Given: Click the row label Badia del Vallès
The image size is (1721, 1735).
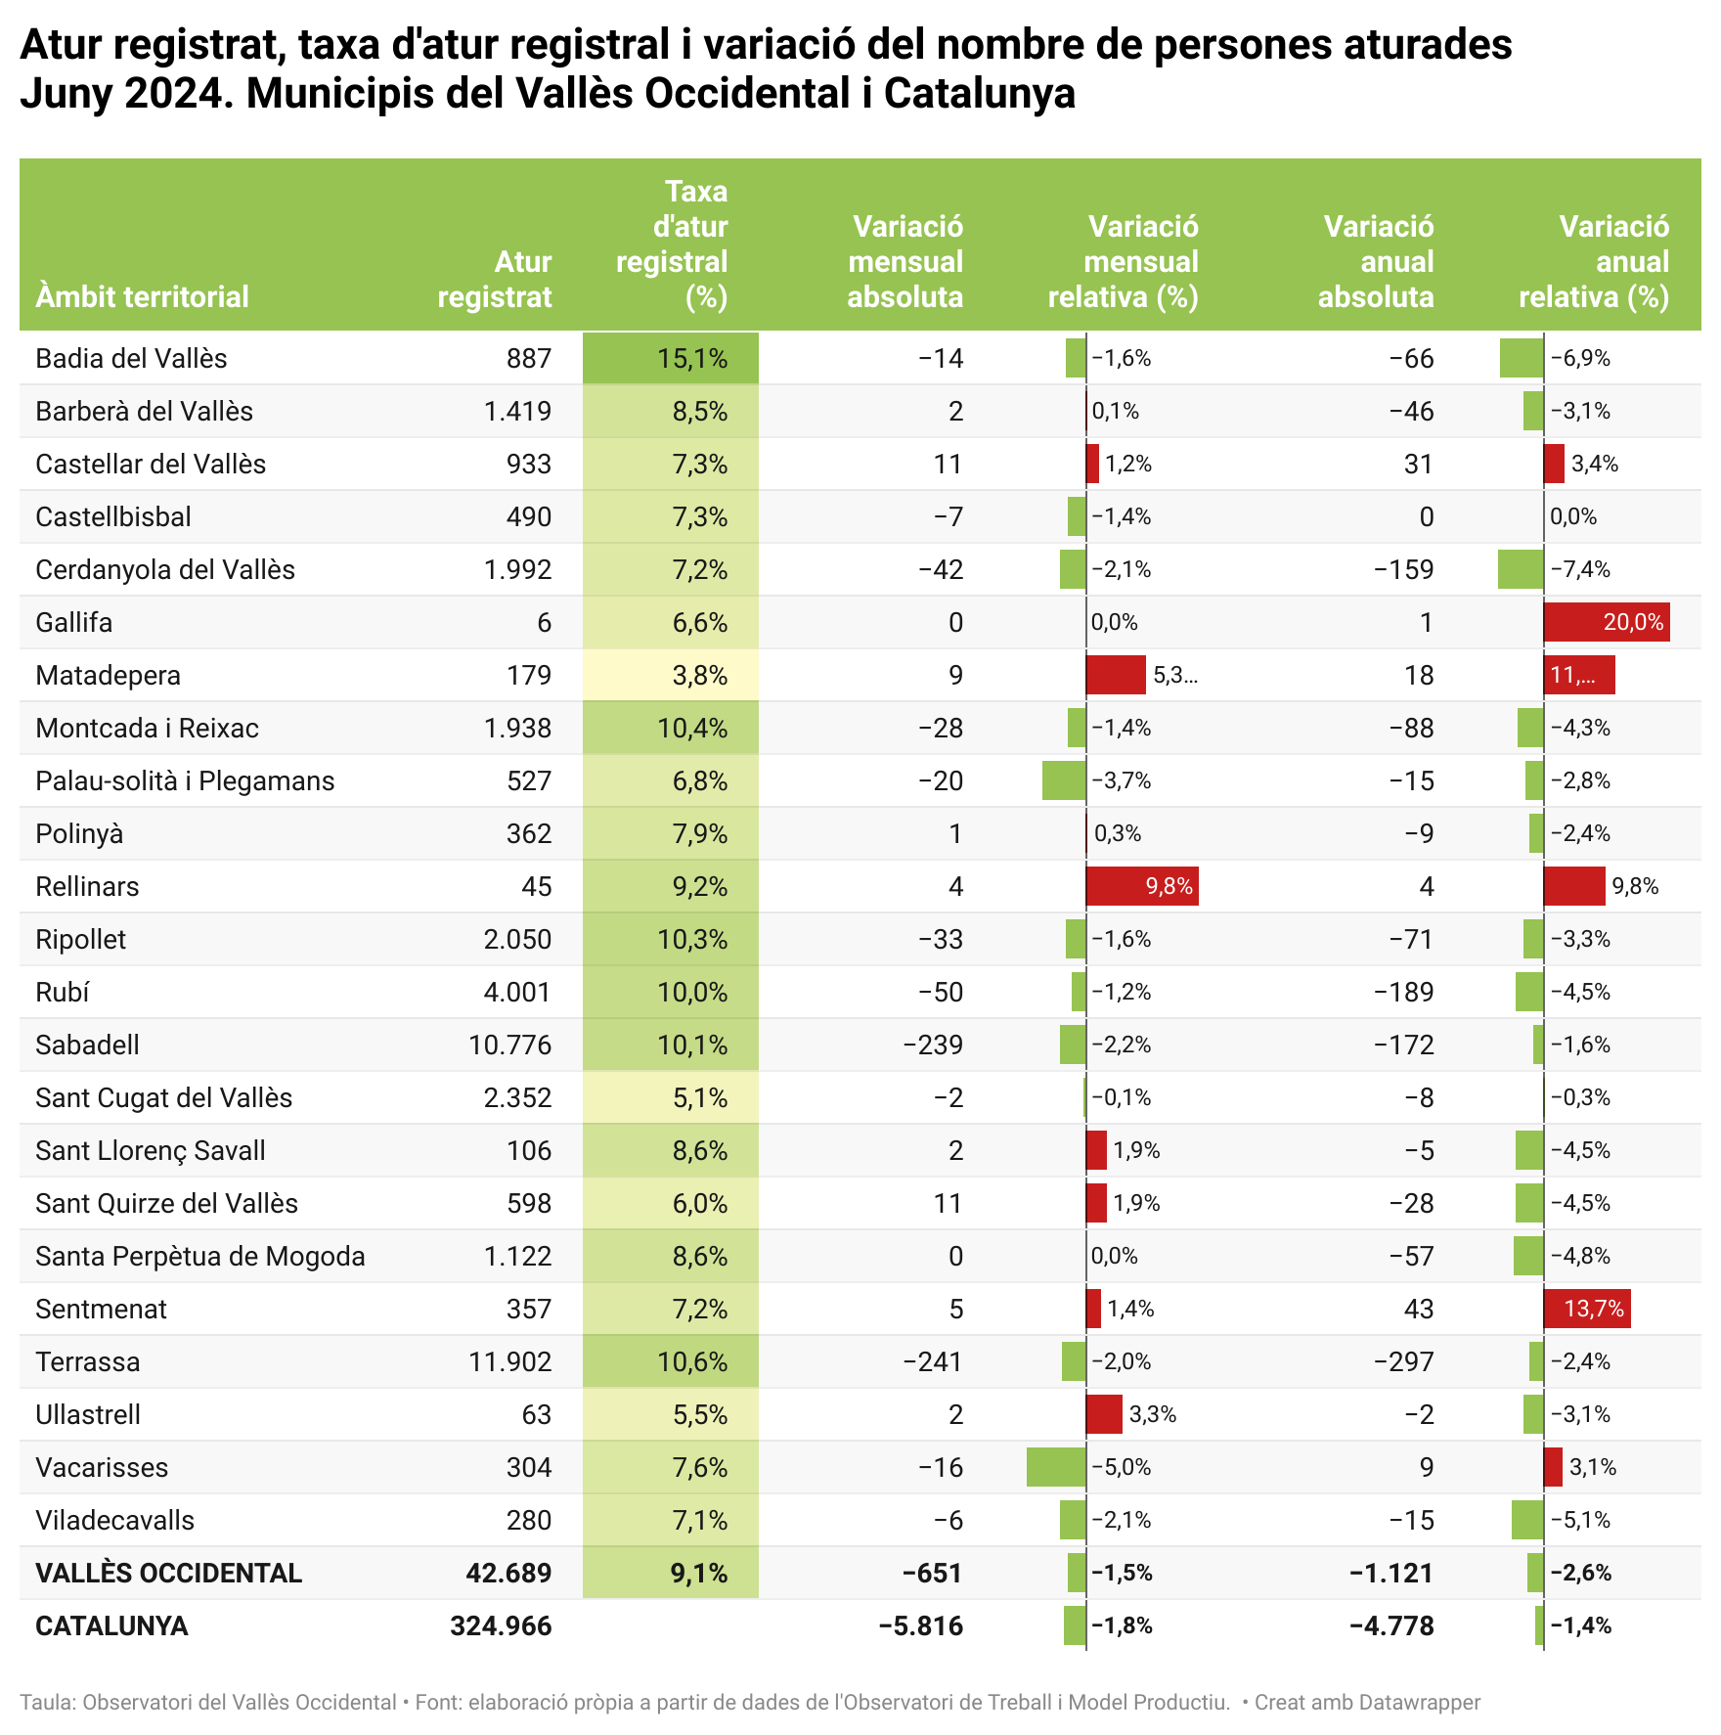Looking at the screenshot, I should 131,359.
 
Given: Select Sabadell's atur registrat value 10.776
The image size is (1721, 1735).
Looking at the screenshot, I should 509,1045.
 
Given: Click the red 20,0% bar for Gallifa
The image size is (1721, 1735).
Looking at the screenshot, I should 1606,623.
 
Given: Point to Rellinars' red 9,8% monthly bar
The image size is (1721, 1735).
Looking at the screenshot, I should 1141,887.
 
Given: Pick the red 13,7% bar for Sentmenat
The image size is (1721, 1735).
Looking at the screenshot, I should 1586,1310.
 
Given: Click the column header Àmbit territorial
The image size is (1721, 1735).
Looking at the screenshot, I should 142,296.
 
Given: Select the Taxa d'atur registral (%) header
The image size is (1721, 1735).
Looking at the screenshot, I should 673,244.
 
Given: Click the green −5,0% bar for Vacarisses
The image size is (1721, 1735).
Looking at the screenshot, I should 1056,1468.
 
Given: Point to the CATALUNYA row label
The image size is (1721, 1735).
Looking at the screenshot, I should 111,1626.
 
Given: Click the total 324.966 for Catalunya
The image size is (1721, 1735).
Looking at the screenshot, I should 501,1626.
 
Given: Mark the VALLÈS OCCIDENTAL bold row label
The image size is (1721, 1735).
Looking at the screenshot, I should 168,1574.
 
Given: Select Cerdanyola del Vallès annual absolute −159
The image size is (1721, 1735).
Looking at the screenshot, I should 1403,570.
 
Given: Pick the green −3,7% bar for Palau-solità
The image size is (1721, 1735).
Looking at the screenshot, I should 1064,781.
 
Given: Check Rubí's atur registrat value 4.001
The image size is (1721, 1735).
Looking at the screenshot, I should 517,993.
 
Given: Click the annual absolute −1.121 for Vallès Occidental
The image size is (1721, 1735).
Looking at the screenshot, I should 1390,1574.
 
